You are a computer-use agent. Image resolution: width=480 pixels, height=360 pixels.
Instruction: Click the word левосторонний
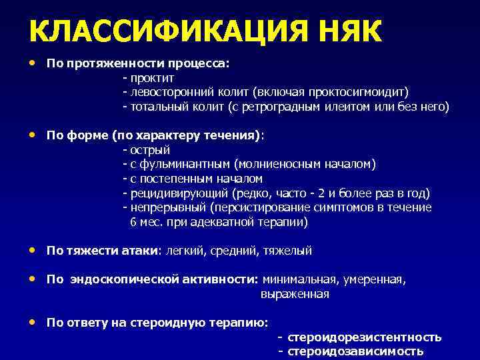[x=166, y=92]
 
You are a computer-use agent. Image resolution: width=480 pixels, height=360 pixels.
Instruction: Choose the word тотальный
[x=157, y=107]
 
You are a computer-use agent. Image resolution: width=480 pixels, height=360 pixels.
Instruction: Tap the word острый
[x=151, y=150]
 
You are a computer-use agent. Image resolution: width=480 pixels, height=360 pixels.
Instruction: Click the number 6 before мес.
[x=133, y=222]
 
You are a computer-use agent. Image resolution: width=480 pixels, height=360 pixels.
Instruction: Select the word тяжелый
[x=287, y=251]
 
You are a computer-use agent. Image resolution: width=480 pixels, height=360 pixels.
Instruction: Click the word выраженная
[x=295, y=294]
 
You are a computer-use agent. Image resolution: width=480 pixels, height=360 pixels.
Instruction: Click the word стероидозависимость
[x=355, y=351]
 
